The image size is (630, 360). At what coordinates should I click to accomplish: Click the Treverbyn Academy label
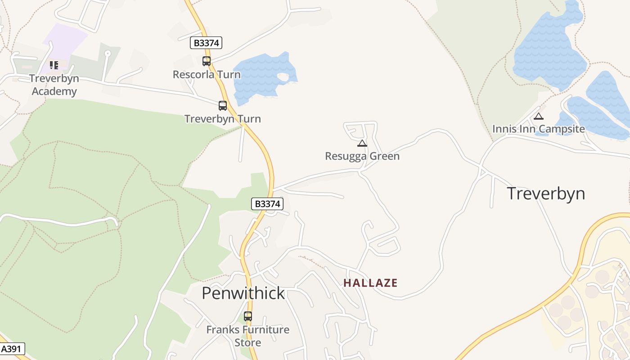click(54, 85)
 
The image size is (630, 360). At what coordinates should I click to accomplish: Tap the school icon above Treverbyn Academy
click(54, 65)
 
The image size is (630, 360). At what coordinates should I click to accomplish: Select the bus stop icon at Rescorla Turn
click(207, 61)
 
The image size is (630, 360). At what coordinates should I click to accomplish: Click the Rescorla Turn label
click(207, 74)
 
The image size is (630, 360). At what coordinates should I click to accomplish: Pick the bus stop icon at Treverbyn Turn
click(223, 106)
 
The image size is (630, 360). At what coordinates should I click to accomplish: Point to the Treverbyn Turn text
click(223, 119)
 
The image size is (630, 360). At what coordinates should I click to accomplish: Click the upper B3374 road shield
click(206, 43)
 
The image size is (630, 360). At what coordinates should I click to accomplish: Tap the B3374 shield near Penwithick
click(267, 204)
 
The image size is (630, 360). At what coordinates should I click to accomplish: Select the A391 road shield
click(12, 349)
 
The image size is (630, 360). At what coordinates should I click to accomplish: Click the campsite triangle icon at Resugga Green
click(362, 144)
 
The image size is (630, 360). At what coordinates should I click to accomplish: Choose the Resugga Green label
click(362, 156)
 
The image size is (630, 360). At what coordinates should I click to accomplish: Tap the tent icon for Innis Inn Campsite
click(539, 116)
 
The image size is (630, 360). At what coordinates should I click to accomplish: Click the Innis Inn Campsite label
click(539, 129)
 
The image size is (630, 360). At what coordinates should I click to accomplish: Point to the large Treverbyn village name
click(546, 193)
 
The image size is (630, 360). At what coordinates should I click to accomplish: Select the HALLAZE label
click(370, 283)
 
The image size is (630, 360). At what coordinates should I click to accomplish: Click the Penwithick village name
click(243, 293)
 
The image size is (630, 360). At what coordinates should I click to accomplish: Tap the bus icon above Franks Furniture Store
click(248, 316)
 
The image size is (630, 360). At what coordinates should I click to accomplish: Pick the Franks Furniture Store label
click(248, 336)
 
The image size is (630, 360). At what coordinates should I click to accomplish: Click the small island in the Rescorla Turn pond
click(283, 78)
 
